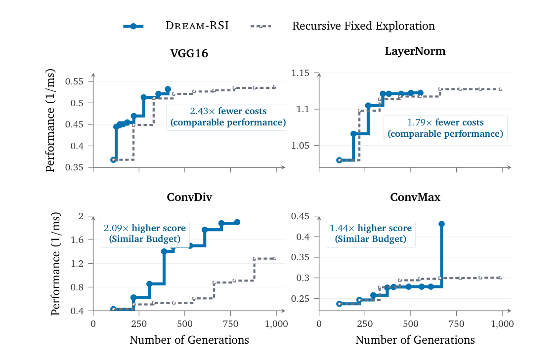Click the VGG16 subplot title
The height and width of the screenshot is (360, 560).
(x=189, y=53)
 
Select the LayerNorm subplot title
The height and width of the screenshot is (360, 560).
(x=415, y=51)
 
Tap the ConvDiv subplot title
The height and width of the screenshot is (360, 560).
(x=189, y=198)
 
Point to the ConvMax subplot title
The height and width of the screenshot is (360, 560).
(x=415, y=198)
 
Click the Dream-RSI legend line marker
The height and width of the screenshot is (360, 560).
(x=133, y=26)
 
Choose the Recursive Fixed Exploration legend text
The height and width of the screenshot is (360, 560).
(x=364, y=26)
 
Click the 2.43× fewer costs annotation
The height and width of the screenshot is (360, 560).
(x=228, y=111)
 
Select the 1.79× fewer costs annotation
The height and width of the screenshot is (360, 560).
(x=445, y=122)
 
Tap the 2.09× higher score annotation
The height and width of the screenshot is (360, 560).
(x=145, y=228)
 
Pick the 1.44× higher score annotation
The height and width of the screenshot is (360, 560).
(x=370, y=228)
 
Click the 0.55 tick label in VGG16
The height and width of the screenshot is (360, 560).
(x=74, y=81)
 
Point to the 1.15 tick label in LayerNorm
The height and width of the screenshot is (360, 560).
(x=300, y=73)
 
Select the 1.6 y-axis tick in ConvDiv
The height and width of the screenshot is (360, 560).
(x=77, y=240)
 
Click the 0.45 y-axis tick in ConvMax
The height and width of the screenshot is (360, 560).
(x=300, y=216)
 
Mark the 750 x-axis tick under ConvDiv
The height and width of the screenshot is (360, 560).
(x=230, y=324)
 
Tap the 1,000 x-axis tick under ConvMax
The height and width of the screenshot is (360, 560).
(x=502, y=324)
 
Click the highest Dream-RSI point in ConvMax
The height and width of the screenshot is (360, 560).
(x=441, y=224)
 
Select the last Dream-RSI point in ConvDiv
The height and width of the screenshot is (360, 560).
(x=237, y=222)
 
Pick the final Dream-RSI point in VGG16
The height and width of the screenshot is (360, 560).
(x=168, y=89)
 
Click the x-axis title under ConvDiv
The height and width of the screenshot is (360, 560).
(x=189, y=340)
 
